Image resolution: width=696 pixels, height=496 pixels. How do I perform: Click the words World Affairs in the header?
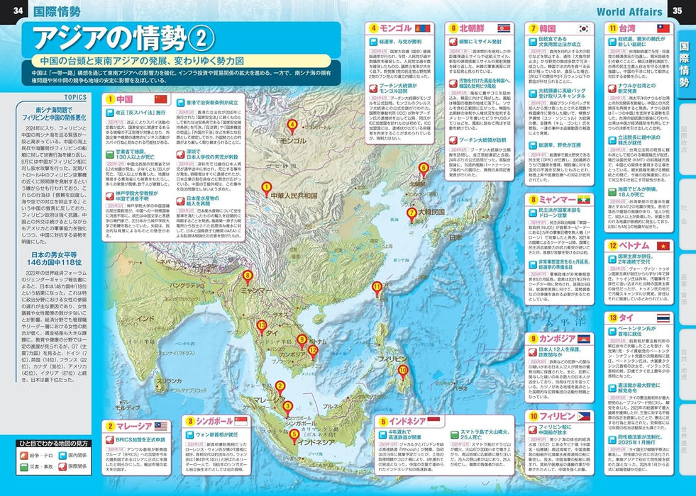click(629, 11)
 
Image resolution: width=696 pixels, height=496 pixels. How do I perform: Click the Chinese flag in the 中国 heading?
click(160, 98)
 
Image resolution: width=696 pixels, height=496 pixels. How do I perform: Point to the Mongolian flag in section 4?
click(425, 28)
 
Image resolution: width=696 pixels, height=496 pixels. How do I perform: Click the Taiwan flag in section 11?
click(663, 28)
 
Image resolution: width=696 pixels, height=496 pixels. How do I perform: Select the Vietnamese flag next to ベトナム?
click(664, 244)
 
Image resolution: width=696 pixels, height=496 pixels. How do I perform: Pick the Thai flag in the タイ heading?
click(664, 318)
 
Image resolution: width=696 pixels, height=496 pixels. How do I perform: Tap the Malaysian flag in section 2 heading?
click(161, 426)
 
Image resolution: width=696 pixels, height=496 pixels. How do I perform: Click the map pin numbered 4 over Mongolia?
click(292, 126)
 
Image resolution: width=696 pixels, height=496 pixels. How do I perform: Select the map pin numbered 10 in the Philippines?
click(403, 371)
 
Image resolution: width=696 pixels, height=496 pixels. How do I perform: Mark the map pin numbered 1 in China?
click(266, 188)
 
